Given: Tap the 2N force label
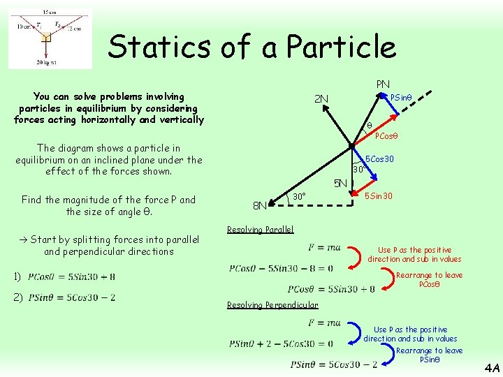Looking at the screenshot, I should (x=321, y=99).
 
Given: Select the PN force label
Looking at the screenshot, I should (x=383, y=84).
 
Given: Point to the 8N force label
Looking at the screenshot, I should (x=259, y=206).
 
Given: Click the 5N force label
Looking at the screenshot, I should (x=340, y=184).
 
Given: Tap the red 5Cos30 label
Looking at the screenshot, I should (x=379, y=159).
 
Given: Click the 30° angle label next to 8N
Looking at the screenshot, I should (x=299, y=196).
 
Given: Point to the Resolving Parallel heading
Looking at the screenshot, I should (x=261, y=230).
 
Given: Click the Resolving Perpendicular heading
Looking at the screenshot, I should (x=272, y=305).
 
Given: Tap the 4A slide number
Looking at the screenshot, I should (x=491, y=367).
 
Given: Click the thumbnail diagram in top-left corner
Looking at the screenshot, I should (x=50, y=38).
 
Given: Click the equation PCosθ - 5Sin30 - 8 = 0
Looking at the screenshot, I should (x=281, y=268).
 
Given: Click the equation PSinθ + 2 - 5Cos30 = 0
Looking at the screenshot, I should (x=281, y=343).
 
